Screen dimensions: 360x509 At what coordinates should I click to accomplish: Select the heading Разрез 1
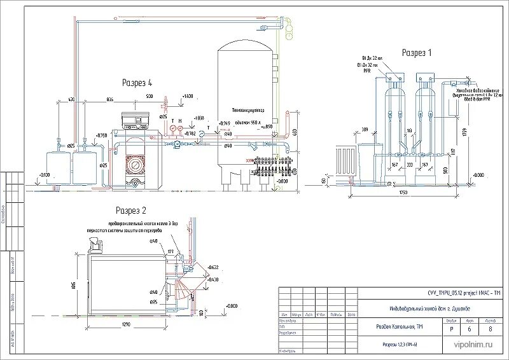[417, 53]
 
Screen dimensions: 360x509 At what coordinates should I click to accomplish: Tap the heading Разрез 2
[131, 210]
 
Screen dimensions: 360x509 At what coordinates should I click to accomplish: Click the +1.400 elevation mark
[186, 95]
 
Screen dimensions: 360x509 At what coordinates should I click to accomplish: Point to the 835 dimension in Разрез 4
[109, 100]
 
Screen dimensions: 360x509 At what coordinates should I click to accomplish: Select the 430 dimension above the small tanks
[71, 100]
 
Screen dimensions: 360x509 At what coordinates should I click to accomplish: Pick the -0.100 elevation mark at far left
[44, 174]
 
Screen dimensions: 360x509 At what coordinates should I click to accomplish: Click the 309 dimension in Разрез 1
[365, 130]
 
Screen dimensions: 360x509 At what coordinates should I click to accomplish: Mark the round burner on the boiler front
[136, 163]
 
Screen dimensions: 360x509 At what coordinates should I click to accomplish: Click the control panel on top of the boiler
[135, 119]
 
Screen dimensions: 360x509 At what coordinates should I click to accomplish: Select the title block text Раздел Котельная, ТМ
[398, 327]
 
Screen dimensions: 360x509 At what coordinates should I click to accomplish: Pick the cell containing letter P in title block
[451, 329]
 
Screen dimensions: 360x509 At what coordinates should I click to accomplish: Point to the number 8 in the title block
[490, 329]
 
